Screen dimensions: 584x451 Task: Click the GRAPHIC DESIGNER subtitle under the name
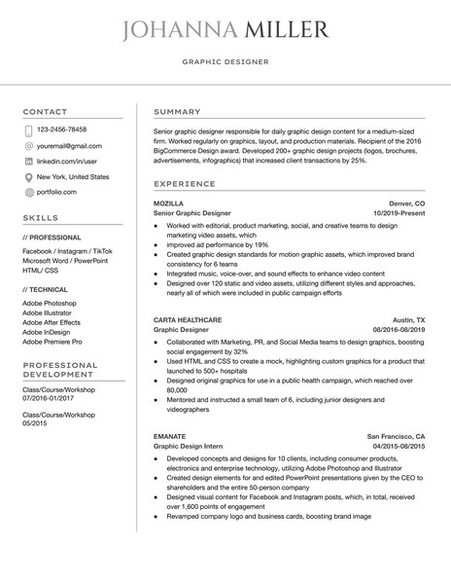click(225, 61)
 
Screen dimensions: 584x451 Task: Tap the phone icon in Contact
click(28, 129)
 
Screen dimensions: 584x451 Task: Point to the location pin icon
click(28, 178)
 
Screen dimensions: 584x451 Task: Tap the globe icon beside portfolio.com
click(28, 194)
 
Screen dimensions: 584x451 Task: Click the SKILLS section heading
click(40, 218)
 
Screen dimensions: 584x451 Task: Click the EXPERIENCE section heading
click(185, 183)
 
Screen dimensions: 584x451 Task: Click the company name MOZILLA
click(168, 202)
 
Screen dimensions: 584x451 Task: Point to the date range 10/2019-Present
click(399, 212)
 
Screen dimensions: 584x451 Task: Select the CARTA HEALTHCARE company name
click(188, 319)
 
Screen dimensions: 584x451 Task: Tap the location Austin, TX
click(408, 319)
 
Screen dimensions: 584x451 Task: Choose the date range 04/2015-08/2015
click(399, 446)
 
